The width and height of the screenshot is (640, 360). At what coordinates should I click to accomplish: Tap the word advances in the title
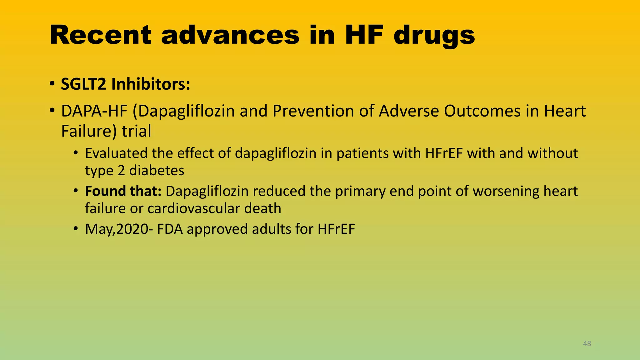pyautogui.click(x=230, y=35)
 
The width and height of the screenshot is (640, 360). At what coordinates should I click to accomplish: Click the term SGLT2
pyautogui.click(x=83, y=84)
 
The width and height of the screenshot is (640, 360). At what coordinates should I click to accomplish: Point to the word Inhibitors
pyautogui.click(x=150, y=84)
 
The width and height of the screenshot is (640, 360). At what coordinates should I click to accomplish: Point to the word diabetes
pyautogui.click(x=157, y=170)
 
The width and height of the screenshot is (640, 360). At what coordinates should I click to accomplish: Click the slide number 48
pyautogui.click(x=587, y=343)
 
